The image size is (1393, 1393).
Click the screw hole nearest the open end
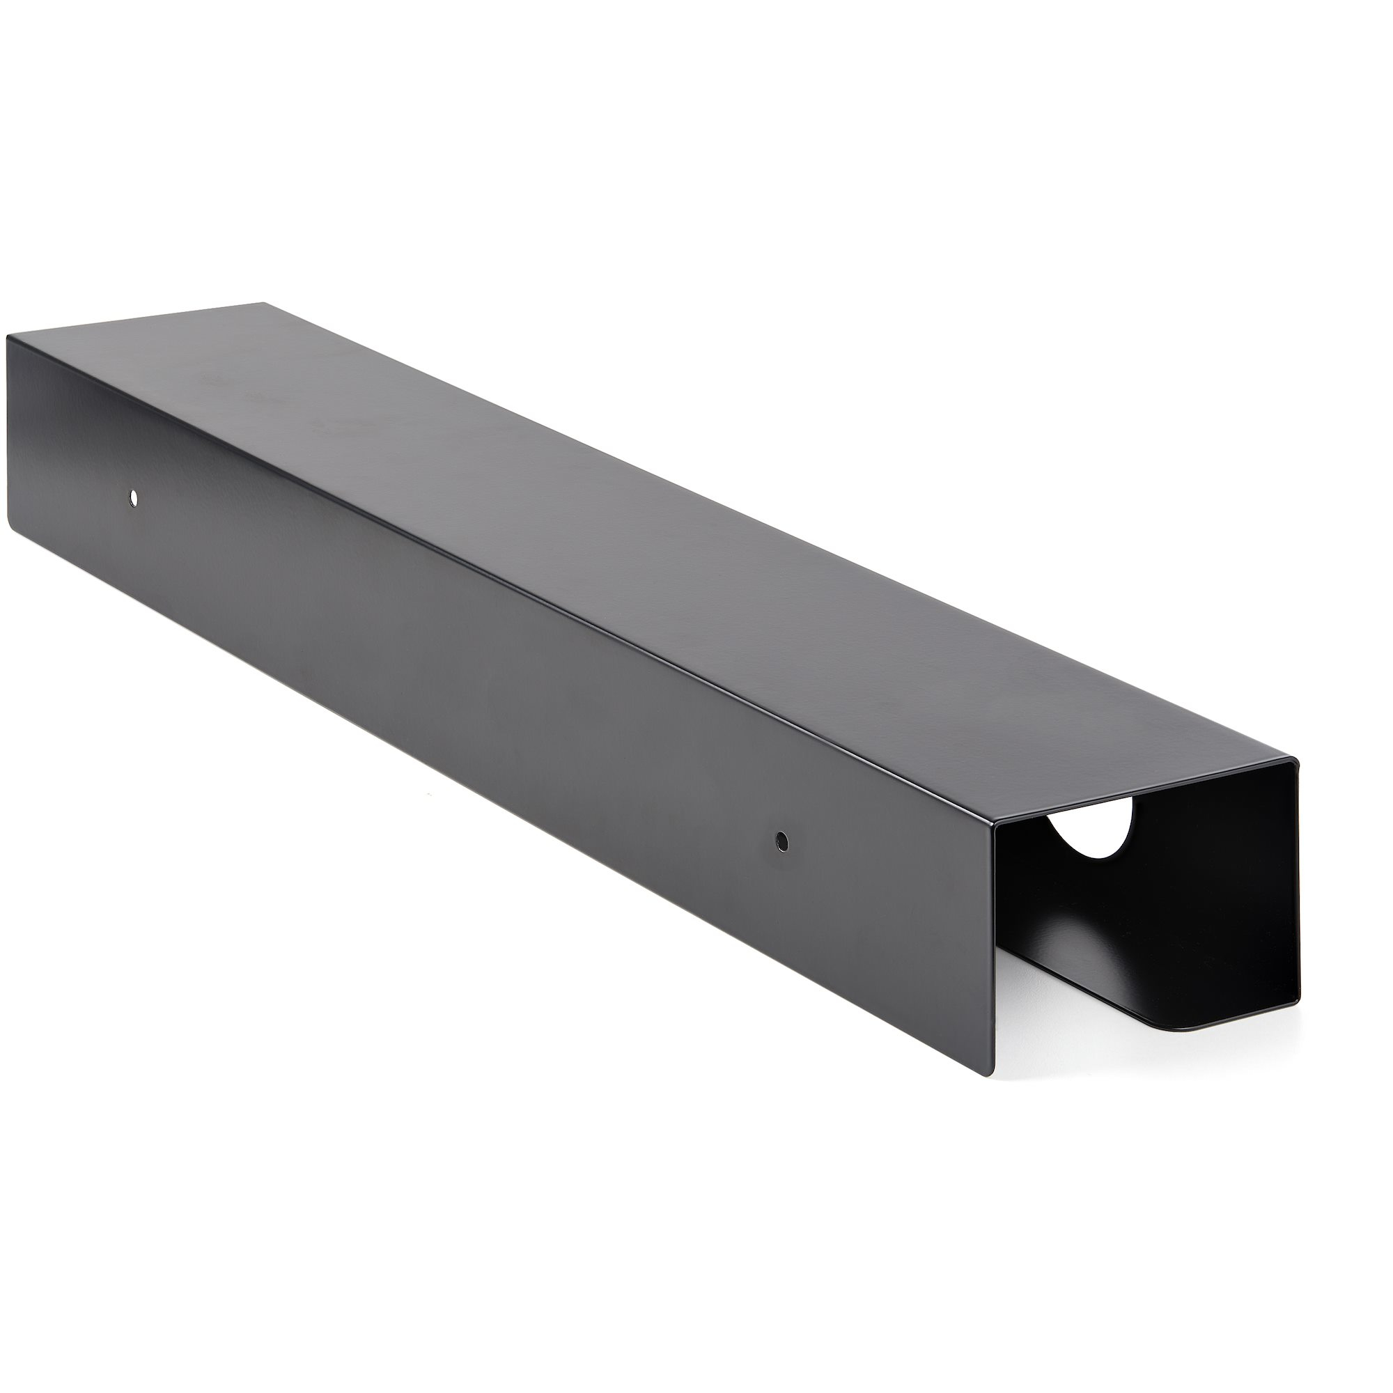(x=781, y=840)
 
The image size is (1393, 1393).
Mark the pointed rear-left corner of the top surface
(x=264, y=304)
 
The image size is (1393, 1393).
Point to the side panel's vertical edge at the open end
(x=996, y=951)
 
